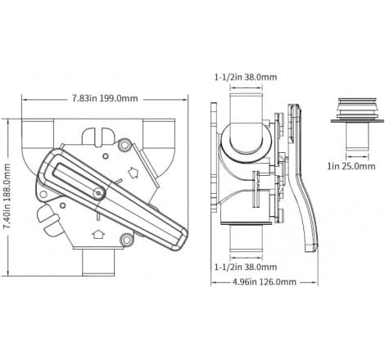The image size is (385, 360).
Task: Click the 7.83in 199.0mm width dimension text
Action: (x=104, y=96)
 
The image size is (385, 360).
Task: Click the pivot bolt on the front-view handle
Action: (x=98, y=193)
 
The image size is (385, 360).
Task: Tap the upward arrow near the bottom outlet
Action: (x=98, y=234)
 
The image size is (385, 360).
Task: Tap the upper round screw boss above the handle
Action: (x=124, y=146)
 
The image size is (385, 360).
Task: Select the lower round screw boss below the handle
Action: (x=125, y=239)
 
